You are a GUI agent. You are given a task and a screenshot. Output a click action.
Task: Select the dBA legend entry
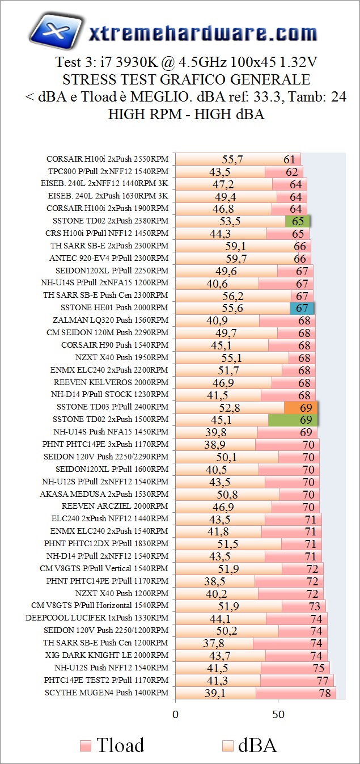point(249,745)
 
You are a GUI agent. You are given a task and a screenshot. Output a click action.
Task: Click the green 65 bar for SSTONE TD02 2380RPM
point(298,221)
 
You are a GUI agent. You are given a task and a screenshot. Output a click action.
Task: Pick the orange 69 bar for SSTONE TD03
point(301,407)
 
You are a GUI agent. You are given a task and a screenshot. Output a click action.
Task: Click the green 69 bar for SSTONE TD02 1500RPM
point(293,420)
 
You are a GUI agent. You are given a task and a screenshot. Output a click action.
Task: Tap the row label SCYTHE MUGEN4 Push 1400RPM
point(107,693)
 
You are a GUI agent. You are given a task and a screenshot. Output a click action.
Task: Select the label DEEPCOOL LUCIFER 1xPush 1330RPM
point(97,618)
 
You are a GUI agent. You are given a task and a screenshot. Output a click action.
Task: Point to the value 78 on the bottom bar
point(324,693)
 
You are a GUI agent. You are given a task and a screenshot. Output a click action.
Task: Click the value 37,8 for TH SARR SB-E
point(214,643)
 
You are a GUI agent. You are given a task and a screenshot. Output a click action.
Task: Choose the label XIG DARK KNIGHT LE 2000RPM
point(104,655)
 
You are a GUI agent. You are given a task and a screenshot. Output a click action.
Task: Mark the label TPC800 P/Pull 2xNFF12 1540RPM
point(108,171)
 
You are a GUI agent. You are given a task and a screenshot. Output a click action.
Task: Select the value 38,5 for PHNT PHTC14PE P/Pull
point(215,581)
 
